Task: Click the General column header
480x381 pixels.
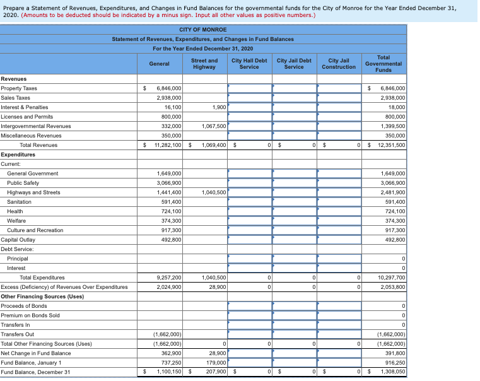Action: pyautogui.click(x=159, y=64)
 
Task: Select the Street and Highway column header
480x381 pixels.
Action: pyautogui.click(x=204, y=64)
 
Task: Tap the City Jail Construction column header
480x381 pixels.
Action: pyautogui.click(x=338, y=64)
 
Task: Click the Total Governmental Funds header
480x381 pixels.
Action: pyautogui.click(x=383, y=64)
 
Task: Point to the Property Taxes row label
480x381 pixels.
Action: pyautogui.click(x=19, y=88)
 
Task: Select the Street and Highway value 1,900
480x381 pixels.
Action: pyautogui.click(x=220, y=107)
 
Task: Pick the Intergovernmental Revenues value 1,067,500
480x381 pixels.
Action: pyautogui.click(x=214, y=126)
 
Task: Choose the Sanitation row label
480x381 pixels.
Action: pyautogui.click(x=20, y=202)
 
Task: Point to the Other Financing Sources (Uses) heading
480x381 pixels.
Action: pyautogui.click(x=42, y=296)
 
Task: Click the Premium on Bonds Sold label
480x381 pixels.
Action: pyautogui.click(x=30, y=315)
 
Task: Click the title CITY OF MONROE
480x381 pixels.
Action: pyautogui.click(x=202, y=30)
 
